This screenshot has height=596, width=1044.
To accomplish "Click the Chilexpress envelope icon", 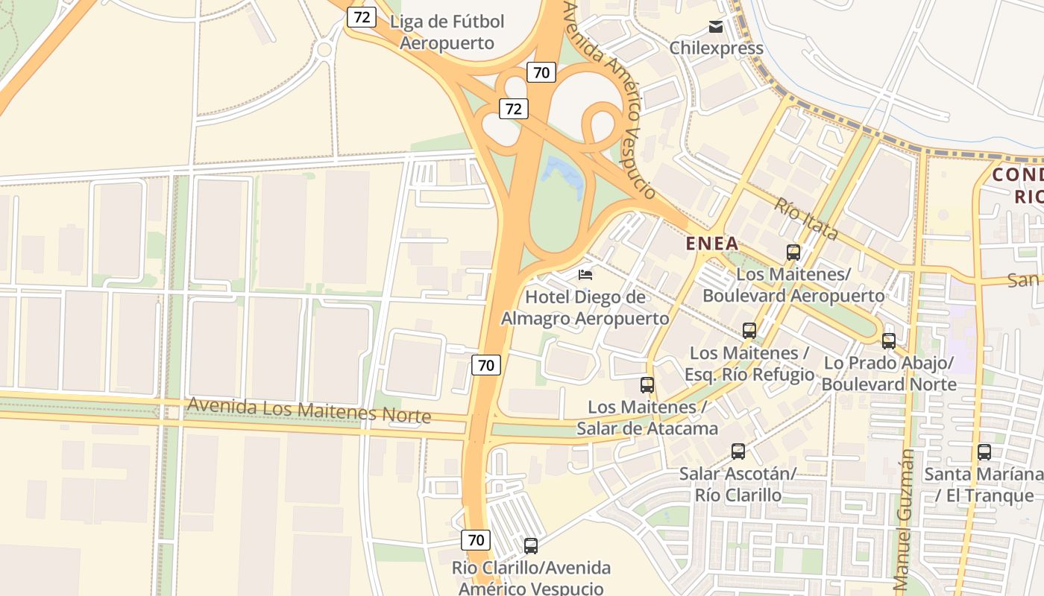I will (x=716, y=28).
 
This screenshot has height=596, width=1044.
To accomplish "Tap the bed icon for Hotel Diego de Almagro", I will (x=585, y=275).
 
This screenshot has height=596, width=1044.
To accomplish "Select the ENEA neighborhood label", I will (x=711, y=243).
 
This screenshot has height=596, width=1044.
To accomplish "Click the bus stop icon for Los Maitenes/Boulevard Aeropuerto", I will (x=793, y=253).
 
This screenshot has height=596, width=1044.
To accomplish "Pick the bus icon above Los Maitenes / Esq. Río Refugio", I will (x=749, y=331).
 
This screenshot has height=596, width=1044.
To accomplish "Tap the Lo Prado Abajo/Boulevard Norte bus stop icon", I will (x=889, y=341).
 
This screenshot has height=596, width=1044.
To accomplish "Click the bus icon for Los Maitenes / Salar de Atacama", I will (x=647, y=385).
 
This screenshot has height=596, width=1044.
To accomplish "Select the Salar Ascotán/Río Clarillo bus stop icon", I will (x=738, y=451).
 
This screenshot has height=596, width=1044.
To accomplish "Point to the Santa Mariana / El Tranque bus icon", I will (x=984, y=452).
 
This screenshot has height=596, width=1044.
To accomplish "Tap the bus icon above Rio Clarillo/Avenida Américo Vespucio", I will (x=531, y=546).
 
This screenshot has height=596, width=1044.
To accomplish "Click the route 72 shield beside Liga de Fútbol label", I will (x=361, y=17).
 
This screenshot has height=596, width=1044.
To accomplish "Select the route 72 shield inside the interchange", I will (x=513, y=109).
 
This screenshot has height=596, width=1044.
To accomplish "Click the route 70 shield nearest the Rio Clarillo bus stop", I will (x=476, y=539).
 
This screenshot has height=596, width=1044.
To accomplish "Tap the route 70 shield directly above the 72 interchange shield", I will (x=541, y=72).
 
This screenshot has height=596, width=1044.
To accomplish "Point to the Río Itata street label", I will (x=805, y=219).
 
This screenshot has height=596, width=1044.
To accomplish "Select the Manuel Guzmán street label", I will (x=902, y=521).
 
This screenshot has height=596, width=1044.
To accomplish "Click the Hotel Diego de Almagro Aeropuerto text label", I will (x=585, y=308).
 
